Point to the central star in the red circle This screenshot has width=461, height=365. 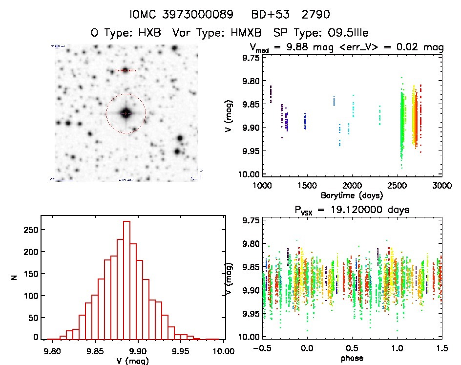click(126, 113)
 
